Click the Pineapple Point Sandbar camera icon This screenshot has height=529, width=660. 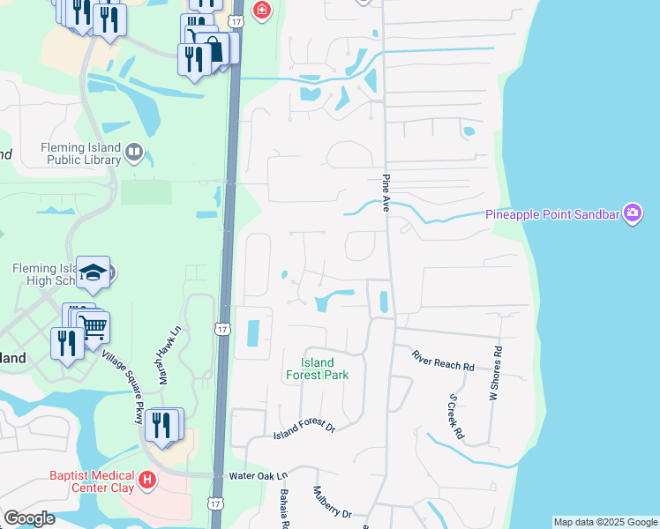[633, 213]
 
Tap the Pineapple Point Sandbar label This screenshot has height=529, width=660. [553, 214]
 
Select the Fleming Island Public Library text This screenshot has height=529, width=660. [73, 153]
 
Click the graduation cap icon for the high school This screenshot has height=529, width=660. [94, 273]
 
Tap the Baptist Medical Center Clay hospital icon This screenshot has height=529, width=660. [147, 481]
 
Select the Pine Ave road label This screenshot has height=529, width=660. [386, 192]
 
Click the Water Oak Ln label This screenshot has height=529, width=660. [259, 475]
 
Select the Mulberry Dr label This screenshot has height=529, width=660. [333, 503]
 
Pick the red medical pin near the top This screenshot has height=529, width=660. [262, 11]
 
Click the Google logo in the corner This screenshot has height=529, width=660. [29, 518]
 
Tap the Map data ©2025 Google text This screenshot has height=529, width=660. [605, 522]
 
